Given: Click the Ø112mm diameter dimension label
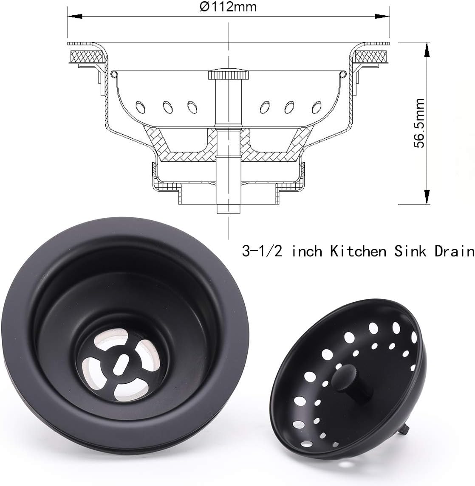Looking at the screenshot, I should [x=229, y=7].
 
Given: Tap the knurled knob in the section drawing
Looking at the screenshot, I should [x=228, y=76].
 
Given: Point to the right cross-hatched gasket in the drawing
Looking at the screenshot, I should [x=372, y=56].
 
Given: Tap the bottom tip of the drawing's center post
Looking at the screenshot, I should [x=228, y=211].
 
